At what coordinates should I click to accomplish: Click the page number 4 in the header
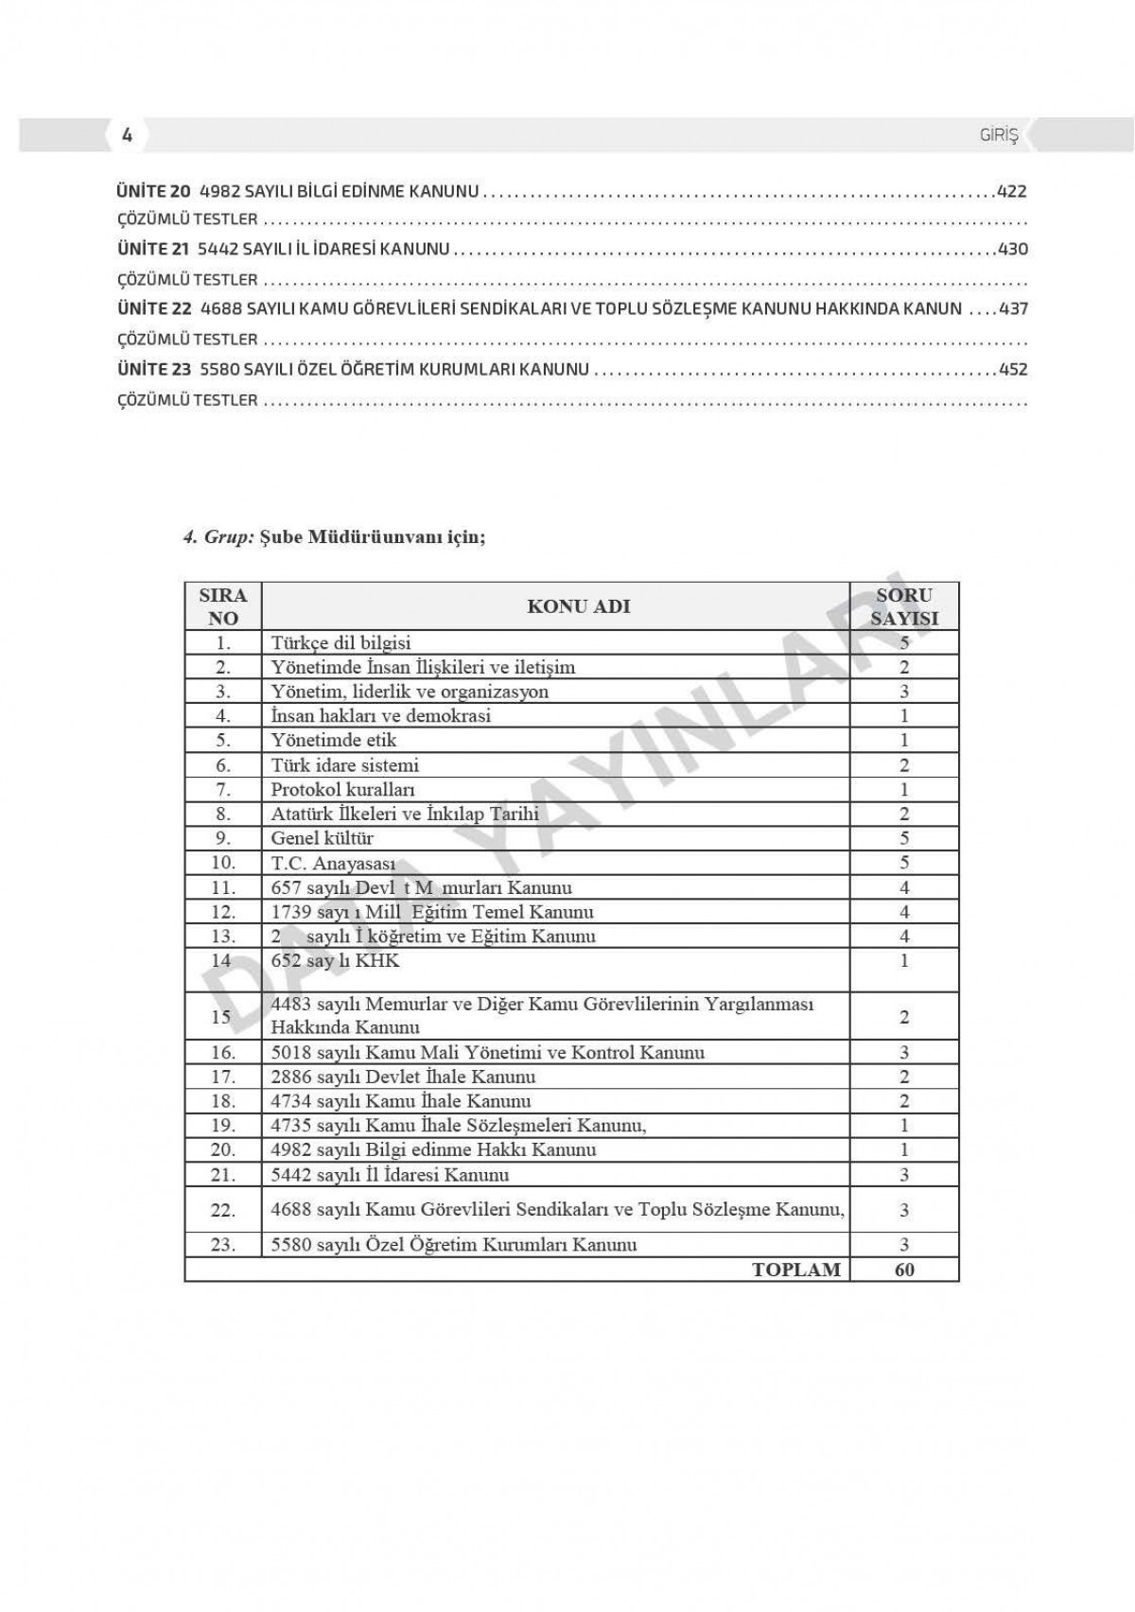128,135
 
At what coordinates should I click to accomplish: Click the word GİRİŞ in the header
999,136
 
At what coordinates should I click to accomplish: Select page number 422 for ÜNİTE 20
1011,192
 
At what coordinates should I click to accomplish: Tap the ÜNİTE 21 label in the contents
153,250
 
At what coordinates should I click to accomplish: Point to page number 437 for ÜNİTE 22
1013,309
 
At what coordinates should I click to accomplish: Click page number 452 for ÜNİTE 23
1013,369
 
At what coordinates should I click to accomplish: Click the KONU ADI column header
578,606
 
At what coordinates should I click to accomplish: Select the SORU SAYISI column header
904,606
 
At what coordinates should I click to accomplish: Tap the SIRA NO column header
223,606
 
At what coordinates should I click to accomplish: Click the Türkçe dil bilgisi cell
341,643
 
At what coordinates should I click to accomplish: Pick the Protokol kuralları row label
342,790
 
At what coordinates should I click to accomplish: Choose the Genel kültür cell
322,838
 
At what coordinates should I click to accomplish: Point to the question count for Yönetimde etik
904,741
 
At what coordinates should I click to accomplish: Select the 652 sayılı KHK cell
336,961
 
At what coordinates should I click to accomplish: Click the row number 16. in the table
222,1052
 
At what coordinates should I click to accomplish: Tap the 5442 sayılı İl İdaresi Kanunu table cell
390,1175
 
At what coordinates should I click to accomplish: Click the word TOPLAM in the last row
795,1270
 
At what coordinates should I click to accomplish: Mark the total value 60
904,1270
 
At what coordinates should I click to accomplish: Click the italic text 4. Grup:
218,537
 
